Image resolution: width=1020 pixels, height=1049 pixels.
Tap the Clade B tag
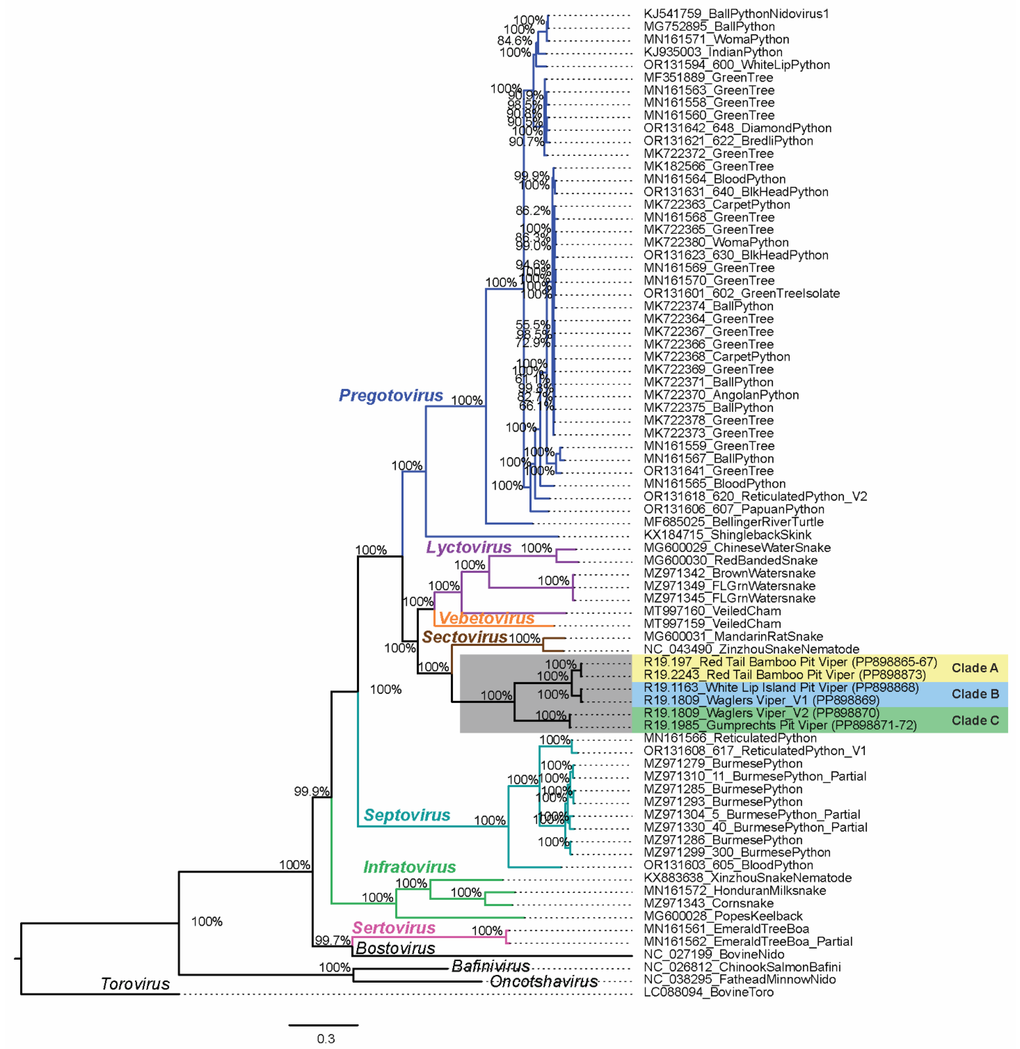(975, 694)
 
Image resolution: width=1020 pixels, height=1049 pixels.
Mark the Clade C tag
(975, 720)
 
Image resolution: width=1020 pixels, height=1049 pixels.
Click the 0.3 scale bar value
(326, 1039)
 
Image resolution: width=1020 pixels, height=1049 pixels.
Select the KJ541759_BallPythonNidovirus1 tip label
(736, 14)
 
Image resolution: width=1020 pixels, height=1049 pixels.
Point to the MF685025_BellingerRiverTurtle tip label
(733, 522)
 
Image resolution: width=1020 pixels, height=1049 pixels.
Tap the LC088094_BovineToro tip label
(708, 992)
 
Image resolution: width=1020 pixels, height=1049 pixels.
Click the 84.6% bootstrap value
(514, 41)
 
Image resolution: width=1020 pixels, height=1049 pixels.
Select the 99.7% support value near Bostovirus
(332, 940)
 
